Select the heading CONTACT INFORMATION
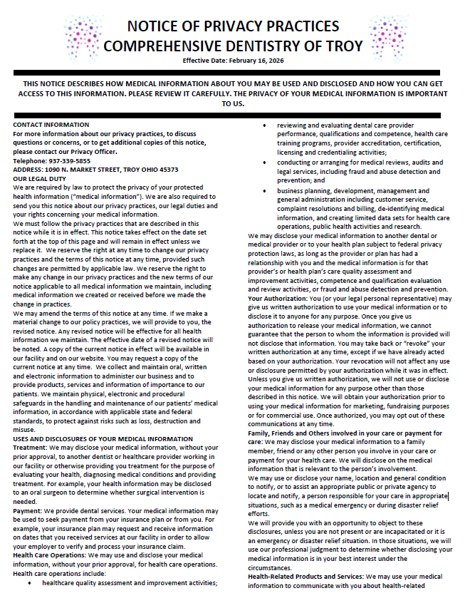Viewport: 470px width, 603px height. click(51, 125)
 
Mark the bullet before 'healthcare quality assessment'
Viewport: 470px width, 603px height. click(27, 582)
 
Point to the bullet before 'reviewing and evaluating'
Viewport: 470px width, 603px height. click(265, 125)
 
